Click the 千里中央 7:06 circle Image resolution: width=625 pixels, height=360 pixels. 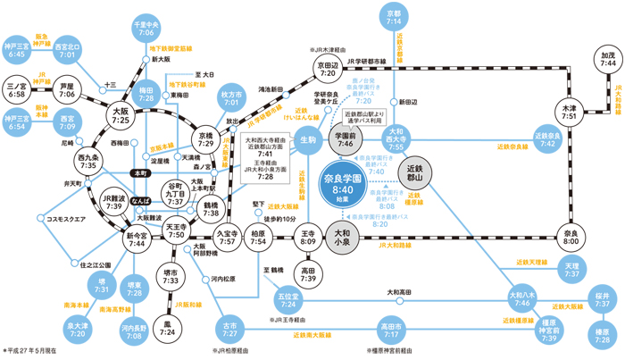pos(145,26)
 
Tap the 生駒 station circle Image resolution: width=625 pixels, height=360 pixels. pos(309,138)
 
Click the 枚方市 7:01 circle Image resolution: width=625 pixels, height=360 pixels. pos(236,99)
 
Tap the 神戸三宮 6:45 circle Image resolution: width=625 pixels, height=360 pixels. pos(17,50)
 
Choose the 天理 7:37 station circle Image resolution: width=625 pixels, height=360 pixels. pos(571,268)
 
